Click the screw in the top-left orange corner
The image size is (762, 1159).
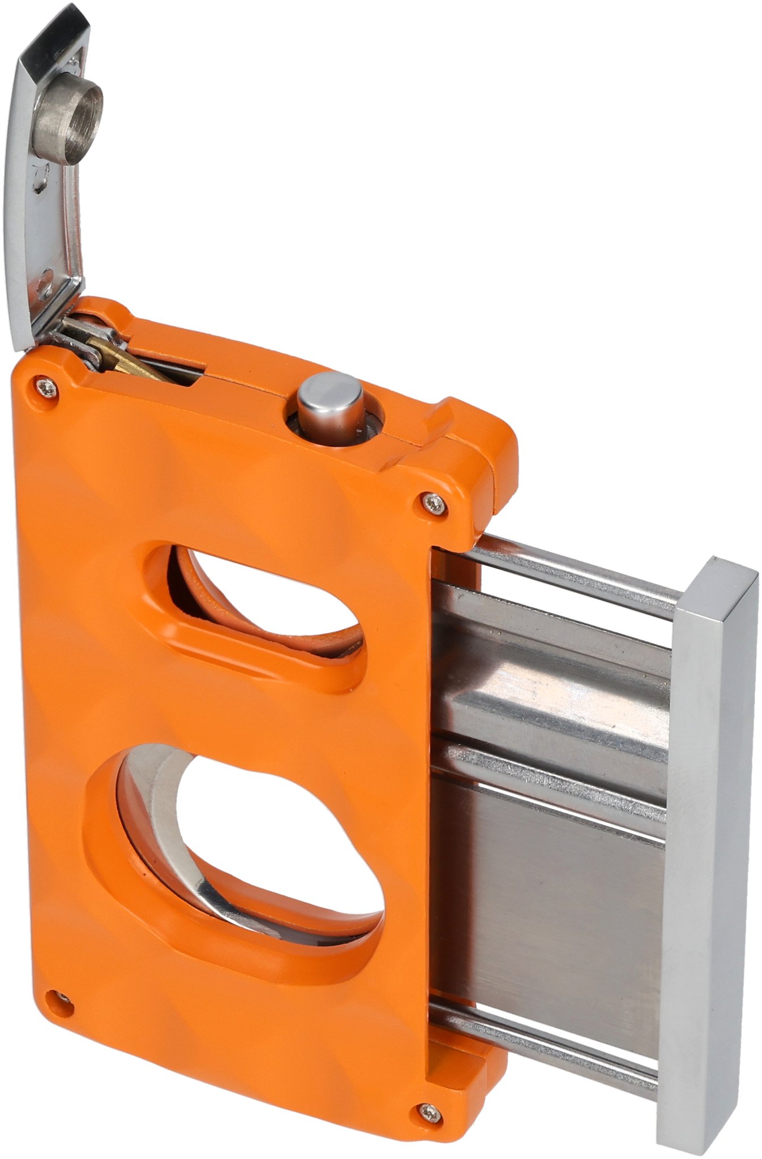[x=47, y=387]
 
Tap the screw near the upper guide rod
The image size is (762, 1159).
[x=434, y=501]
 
